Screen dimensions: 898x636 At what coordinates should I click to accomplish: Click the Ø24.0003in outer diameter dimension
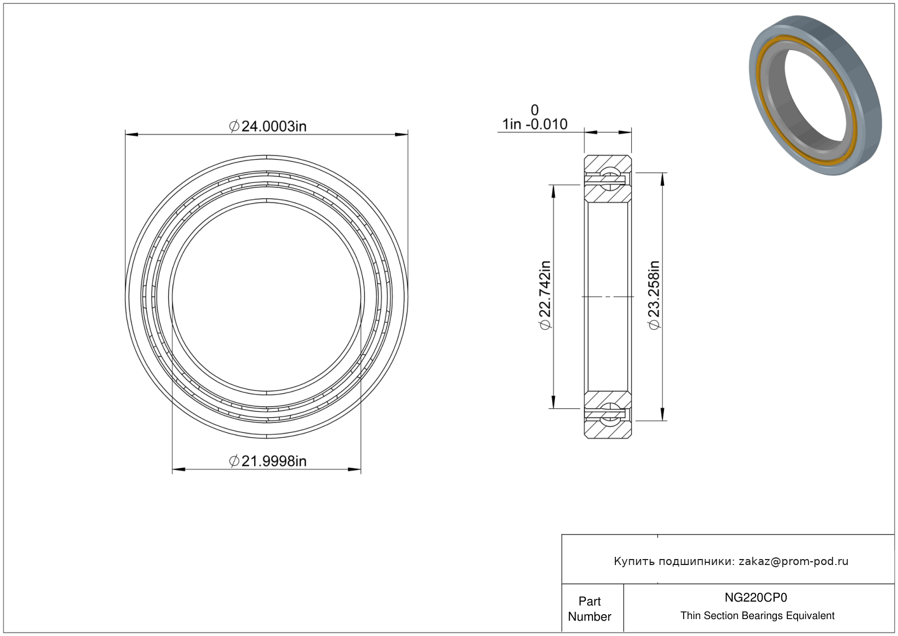[x=267, y=127]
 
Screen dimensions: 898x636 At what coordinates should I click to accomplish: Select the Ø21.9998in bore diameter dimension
[x=267, y=461]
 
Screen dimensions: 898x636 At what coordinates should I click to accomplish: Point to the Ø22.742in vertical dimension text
[x=546, y=295]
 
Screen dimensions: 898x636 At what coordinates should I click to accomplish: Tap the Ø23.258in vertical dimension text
[x=654, y=295]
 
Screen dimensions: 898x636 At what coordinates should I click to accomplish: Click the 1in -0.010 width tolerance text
[x=535, y=124]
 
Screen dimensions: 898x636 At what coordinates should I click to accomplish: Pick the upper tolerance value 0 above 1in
[x=535, y=110]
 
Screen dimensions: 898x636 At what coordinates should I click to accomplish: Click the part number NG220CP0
[x=756, y=597]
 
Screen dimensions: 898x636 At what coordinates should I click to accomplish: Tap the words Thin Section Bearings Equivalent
[x=757, y=616]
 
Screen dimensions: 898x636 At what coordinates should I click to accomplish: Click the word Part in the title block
[x=589, y=601]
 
